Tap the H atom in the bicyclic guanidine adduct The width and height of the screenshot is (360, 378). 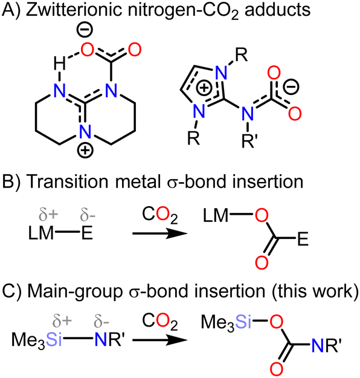(59, 65)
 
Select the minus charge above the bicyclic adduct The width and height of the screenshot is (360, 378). (85, 30)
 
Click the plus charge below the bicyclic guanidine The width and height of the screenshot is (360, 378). (85, 151)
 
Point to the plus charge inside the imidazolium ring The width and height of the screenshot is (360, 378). (204, 88)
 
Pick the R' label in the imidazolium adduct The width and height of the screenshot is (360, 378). (249, 140)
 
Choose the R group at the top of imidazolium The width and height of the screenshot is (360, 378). (241, 56)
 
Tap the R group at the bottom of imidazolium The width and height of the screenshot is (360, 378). (194, 138)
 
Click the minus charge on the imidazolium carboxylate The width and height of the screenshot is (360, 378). (291, 87)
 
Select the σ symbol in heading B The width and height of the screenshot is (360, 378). (172, 183)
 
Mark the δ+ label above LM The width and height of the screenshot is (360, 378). (48, 215)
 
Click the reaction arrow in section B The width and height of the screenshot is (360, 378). (159, 233)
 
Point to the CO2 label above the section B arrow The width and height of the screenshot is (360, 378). (159, 215)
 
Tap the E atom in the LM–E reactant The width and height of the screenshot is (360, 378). (87, 233)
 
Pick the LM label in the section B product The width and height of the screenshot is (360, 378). (216, 215)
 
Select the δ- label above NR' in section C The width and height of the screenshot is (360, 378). (101, 322)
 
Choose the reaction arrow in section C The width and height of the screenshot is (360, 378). (159, 340)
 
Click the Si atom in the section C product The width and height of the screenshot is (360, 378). (243, 322)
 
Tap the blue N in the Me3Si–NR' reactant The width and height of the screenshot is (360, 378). (101, 340)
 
